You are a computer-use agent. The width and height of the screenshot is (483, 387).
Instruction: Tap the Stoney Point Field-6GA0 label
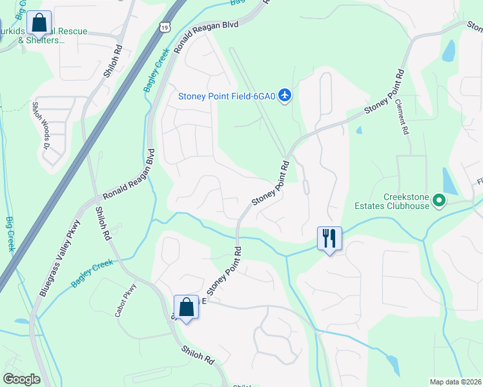point(227,97)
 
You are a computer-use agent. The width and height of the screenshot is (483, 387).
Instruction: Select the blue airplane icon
point(286,95)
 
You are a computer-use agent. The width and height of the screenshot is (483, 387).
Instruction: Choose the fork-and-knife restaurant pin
point(329,239)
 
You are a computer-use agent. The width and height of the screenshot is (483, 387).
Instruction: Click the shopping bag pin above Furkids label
point(39,23)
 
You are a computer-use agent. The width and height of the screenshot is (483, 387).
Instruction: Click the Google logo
point(21,379)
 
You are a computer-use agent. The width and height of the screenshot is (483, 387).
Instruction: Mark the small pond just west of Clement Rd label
point(358,130)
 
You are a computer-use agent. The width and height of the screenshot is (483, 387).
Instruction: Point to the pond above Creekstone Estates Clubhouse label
point(449,181)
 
